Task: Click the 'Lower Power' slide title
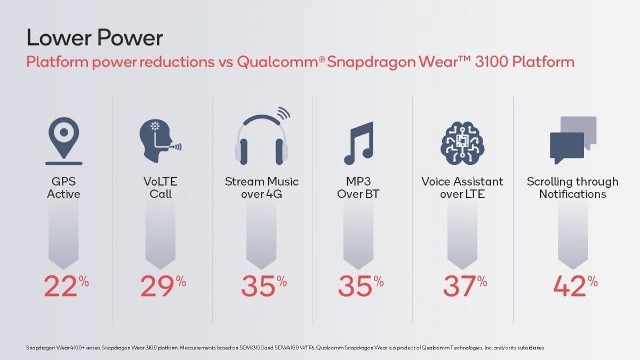94,37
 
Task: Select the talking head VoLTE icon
161,141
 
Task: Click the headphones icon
262,136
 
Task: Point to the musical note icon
358,143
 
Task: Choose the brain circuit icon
462,143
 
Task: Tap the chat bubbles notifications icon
573,140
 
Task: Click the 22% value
66,286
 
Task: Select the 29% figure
163,286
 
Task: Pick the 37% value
465,286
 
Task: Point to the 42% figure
575,286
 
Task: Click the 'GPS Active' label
63,188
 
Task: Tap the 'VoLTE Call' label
161,188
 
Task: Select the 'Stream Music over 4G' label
262,188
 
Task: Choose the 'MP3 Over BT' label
358,188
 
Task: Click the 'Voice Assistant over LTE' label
462,188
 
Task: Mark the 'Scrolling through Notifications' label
573,188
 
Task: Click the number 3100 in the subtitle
491,62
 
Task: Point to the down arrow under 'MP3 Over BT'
358,235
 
